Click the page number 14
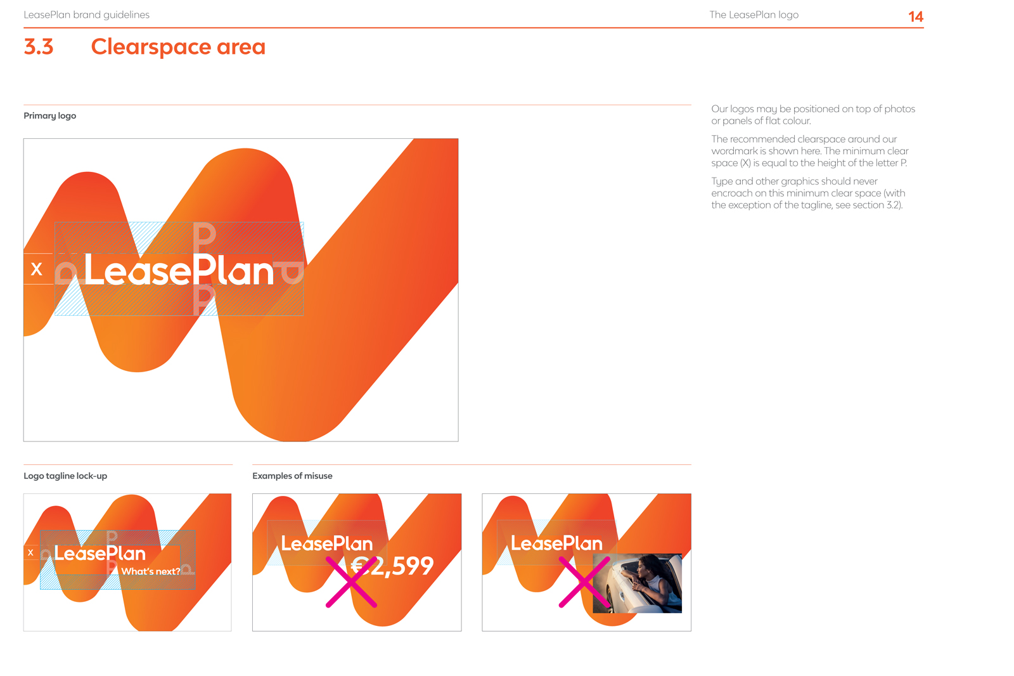coord(915,16)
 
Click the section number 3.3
coord(39,47)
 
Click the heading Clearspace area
coord(178,47)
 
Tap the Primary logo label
coord(50,115)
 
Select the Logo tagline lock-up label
coord(65,476)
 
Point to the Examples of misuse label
coord(292,476)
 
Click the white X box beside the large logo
coord(39,269)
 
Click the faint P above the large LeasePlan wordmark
coord(204,235)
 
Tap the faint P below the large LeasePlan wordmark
coord(203,300)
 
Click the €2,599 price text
coord(392,566)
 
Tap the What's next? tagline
coord(150,571)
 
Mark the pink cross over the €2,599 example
coord(351,582)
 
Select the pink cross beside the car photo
coord(584,582)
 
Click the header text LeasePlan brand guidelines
coord(86,15)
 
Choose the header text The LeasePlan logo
coord(754,15)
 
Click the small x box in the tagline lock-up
coord(31,552)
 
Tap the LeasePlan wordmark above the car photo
coord(556,543)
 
